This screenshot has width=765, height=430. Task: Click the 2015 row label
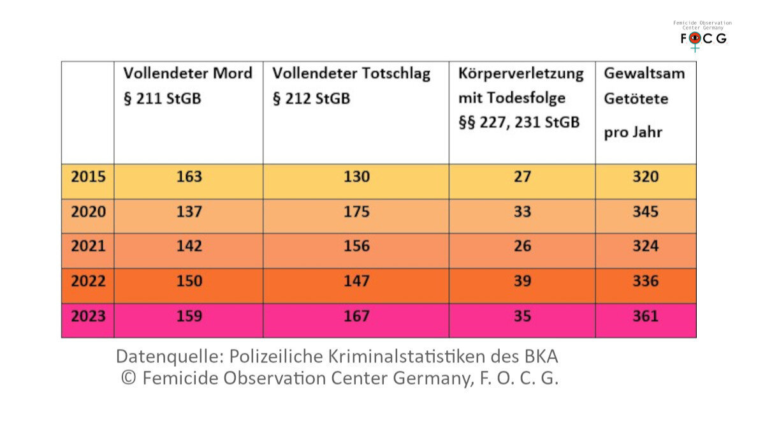click(88, 177)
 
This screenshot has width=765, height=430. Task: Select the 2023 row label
click(88, 316)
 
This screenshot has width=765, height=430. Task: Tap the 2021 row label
click(88, 246)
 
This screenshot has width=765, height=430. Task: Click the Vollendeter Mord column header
click(187, 86)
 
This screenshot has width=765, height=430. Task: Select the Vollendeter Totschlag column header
click(351, 86)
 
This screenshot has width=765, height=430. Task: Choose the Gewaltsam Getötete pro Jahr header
click(644, 103)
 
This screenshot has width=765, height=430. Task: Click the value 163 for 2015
click(188, 177)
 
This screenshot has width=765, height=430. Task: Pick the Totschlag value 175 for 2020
click(356, 212)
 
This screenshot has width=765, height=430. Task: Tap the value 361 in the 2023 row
click(645, 316)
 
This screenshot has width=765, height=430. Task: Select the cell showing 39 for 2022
click(522, 281)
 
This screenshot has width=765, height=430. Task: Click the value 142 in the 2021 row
click(188, 246)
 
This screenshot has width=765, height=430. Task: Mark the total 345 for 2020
click(645, 212)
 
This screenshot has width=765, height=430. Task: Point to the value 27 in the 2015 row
click(522, 177)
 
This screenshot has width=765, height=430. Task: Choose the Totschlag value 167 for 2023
click(356, 316)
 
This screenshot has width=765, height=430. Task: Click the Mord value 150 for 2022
click(188, 281)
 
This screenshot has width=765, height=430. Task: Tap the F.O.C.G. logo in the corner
click(703, 37)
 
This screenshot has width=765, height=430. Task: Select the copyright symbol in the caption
click(129, 378)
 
